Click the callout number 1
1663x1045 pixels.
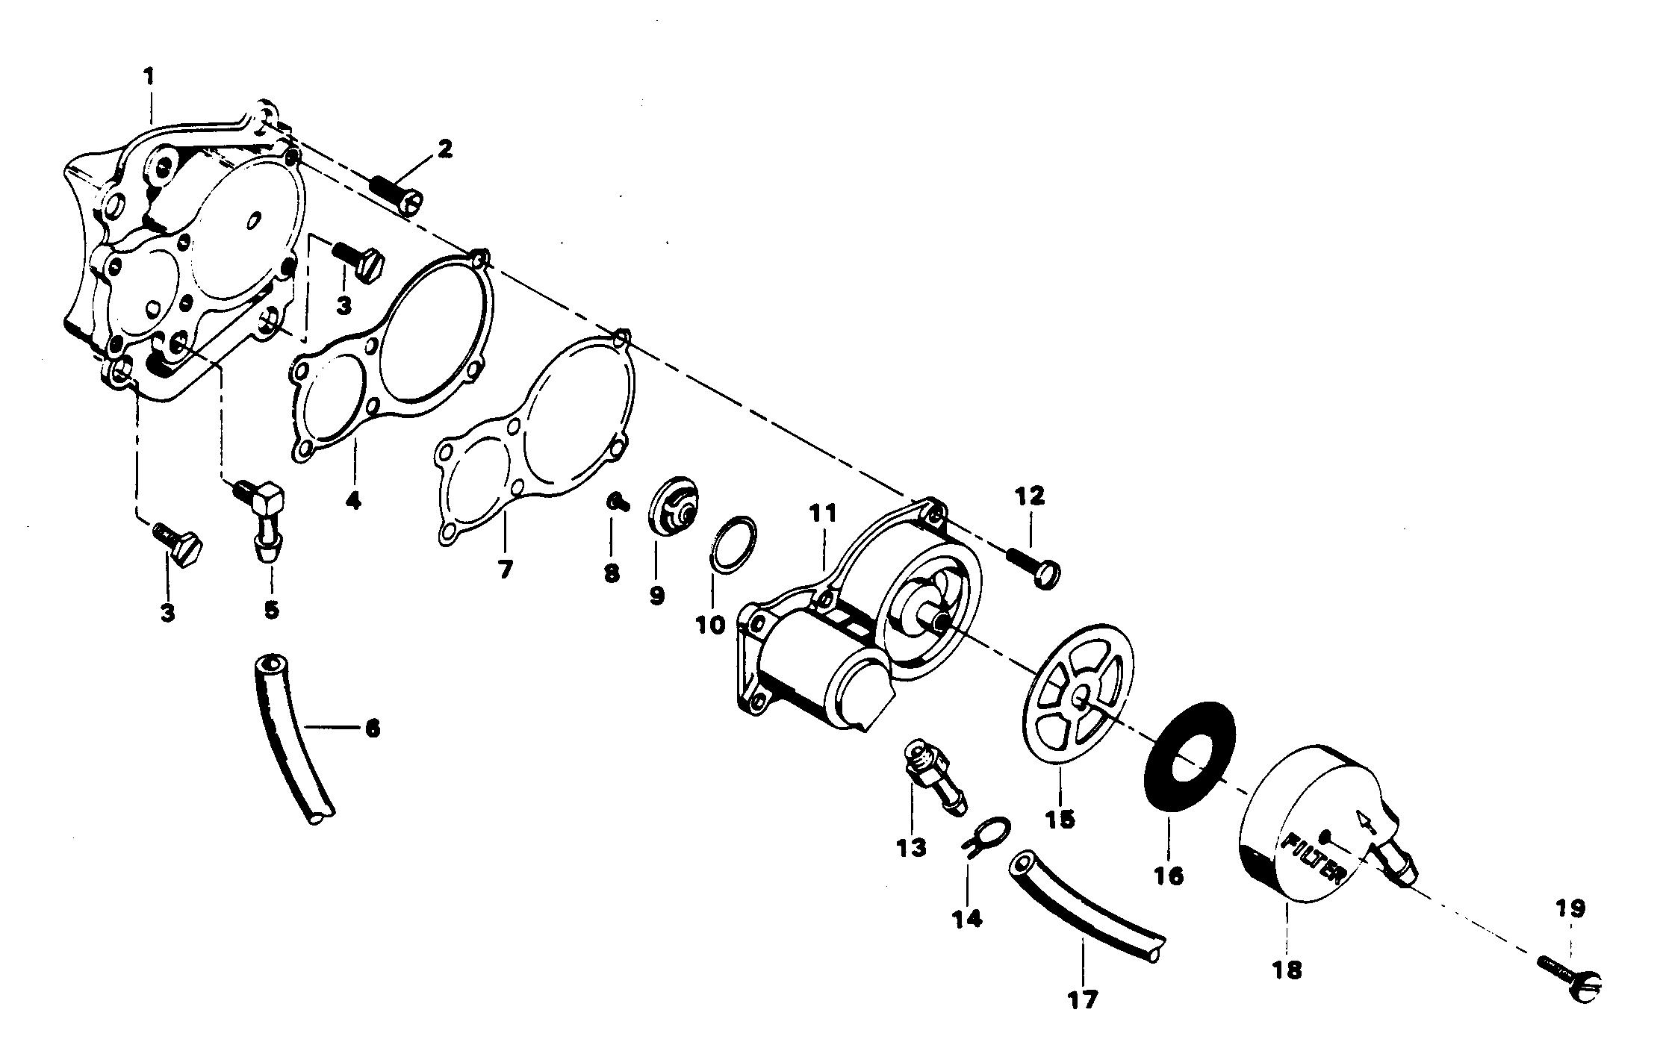point(149,76)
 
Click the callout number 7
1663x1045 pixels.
point(506,570)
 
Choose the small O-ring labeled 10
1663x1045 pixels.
point(732,543)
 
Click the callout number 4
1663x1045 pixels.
point(353,499)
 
